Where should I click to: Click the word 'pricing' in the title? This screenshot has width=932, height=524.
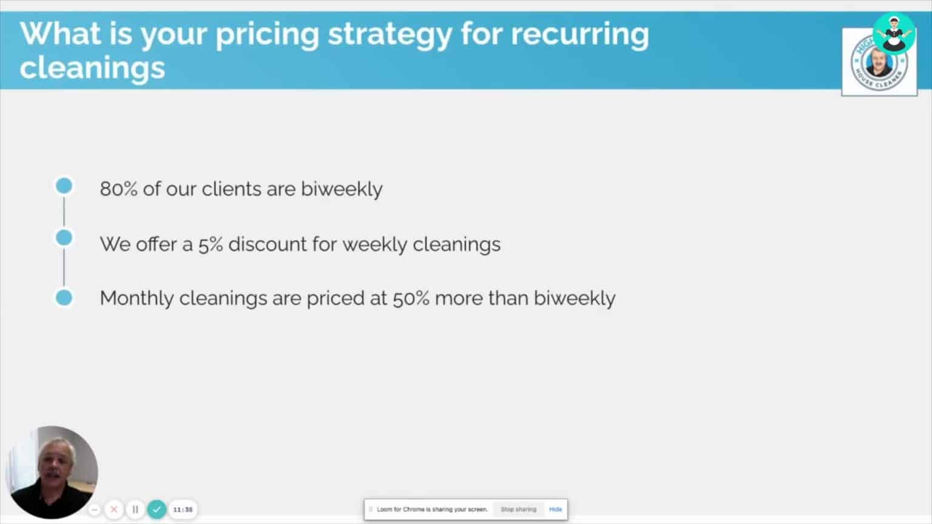point(267,35)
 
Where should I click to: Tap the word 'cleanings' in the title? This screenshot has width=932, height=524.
point(92,67)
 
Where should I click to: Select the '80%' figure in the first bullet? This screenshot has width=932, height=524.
point(119,189)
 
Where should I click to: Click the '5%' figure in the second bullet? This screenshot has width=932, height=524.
point(211,244)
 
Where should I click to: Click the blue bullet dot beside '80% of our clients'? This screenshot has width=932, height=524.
point(64,186)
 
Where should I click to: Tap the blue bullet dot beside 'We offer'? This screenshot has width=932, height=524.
point(64,238)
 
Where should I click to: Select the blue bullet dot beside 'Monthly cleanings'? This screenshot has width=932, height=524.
point(64,298)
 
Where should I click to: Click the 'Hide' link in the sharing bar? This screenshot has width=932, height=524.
point(555,509)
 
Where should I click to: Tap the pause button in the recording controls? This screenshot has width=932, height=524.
point(135,509)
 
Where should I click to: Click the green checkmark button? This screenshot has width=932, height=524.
point(157,509)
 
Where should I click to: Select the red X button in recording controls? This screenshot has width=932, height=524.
point(113,509)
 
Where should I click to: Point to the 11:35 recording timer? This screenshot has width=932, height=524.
point(183,509)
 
